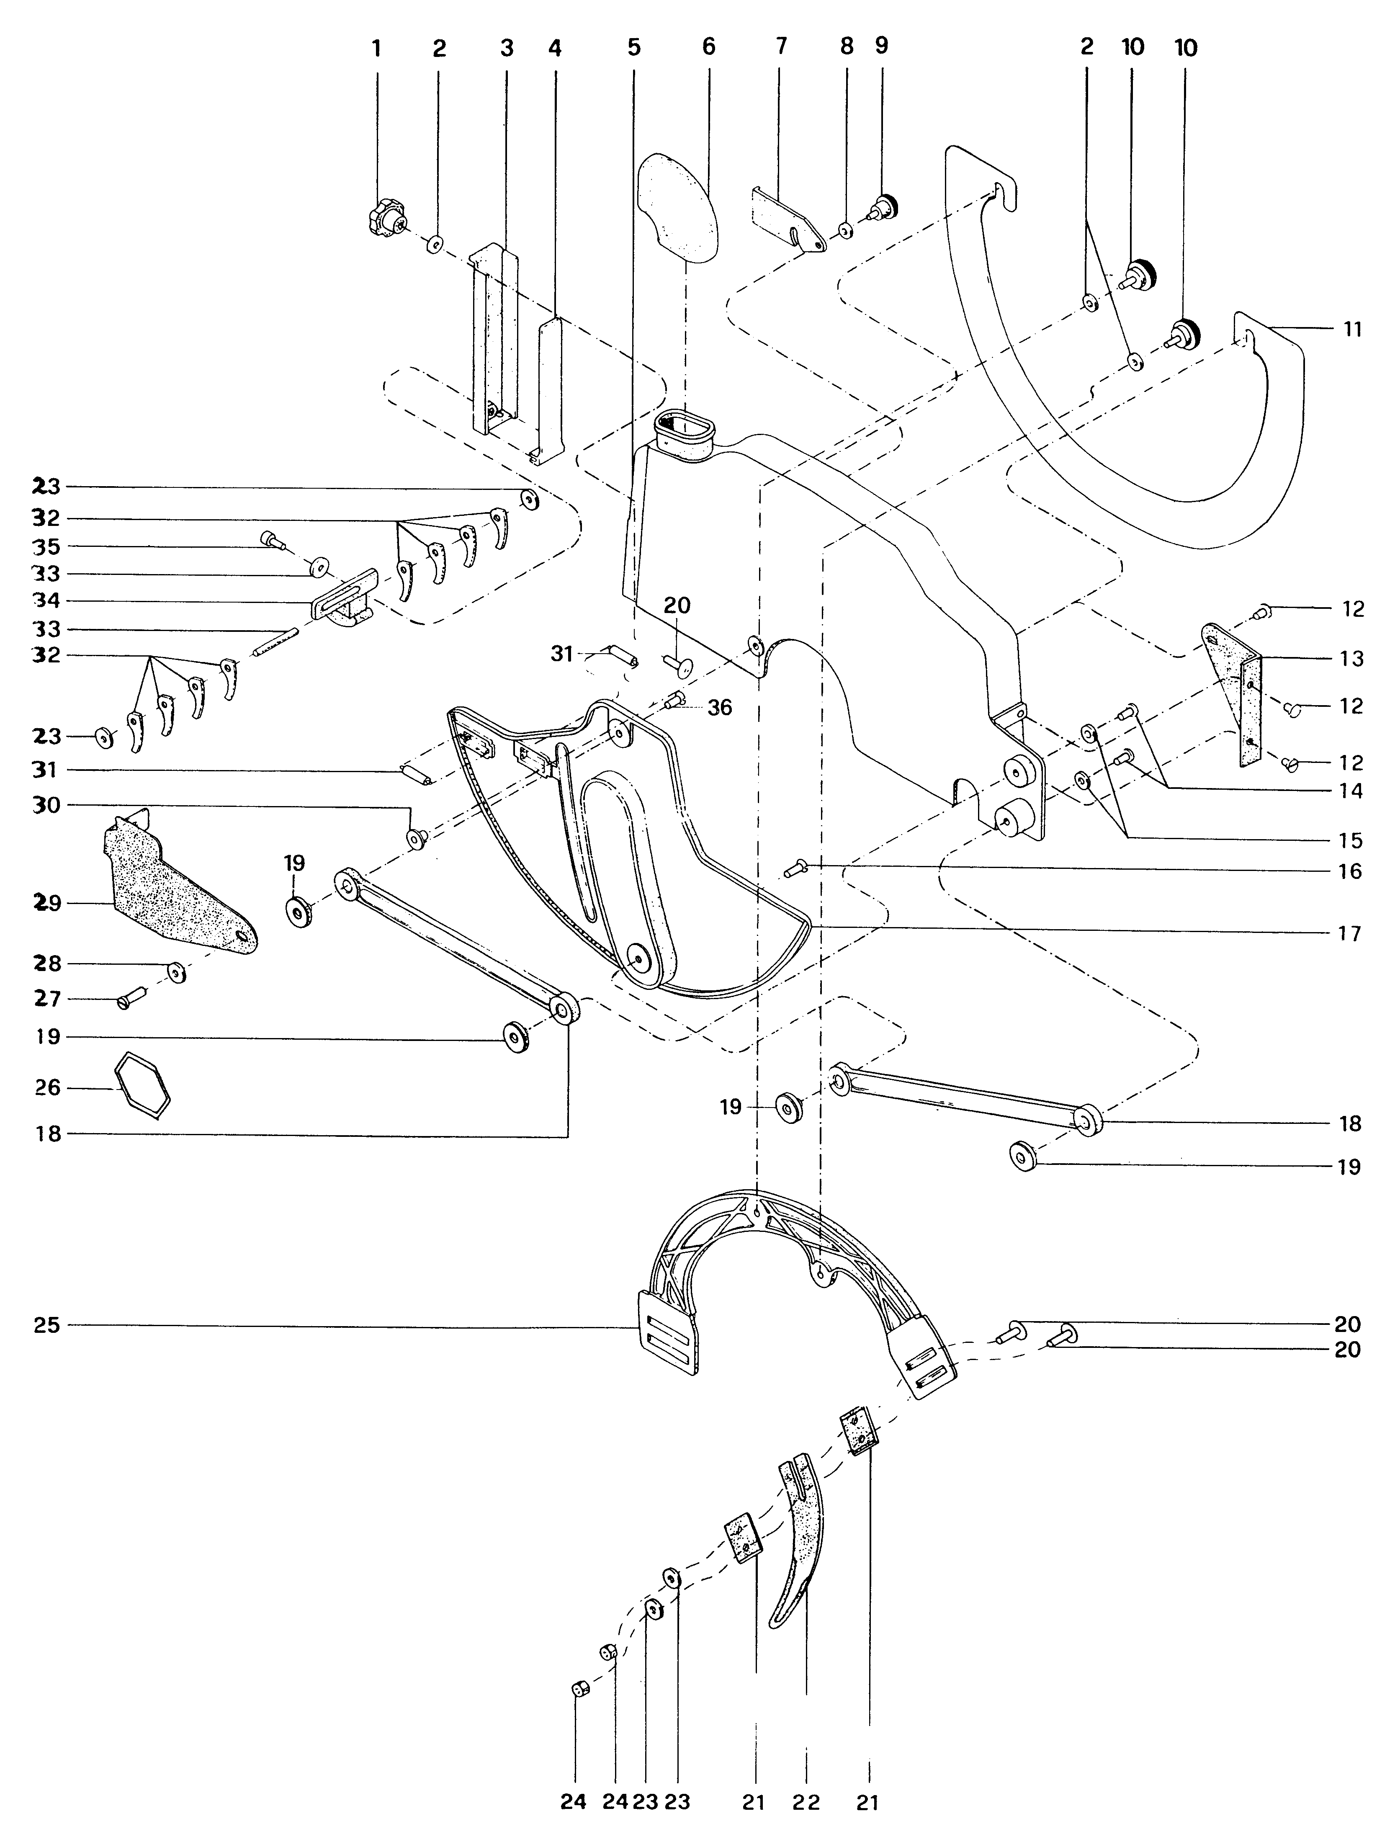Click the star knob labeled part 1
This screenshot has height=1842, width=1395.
385,221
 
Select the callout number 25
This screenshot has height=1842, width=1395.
47,1325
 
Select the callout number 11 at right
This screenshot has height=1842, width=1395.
1353,330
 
